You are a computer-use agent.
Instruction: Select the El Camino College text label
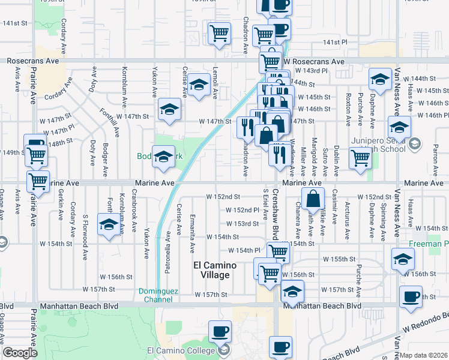(x=181, y=350)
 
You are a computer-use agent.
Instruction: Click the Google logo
(x=20, y=353)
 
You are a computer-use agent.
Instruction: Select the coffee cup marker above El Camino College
(x=220, y=331)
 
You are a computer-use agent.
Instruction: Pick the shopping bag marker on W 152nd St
(x=313, y=198)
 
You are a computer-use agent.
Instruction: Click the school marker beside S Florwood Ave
(x=108, y=224)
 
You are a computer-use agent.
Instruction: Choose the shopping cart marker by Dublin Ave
(x=360, y=158)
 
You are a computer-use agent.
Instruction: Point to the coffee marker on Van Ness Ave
(x=411, y=297)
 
